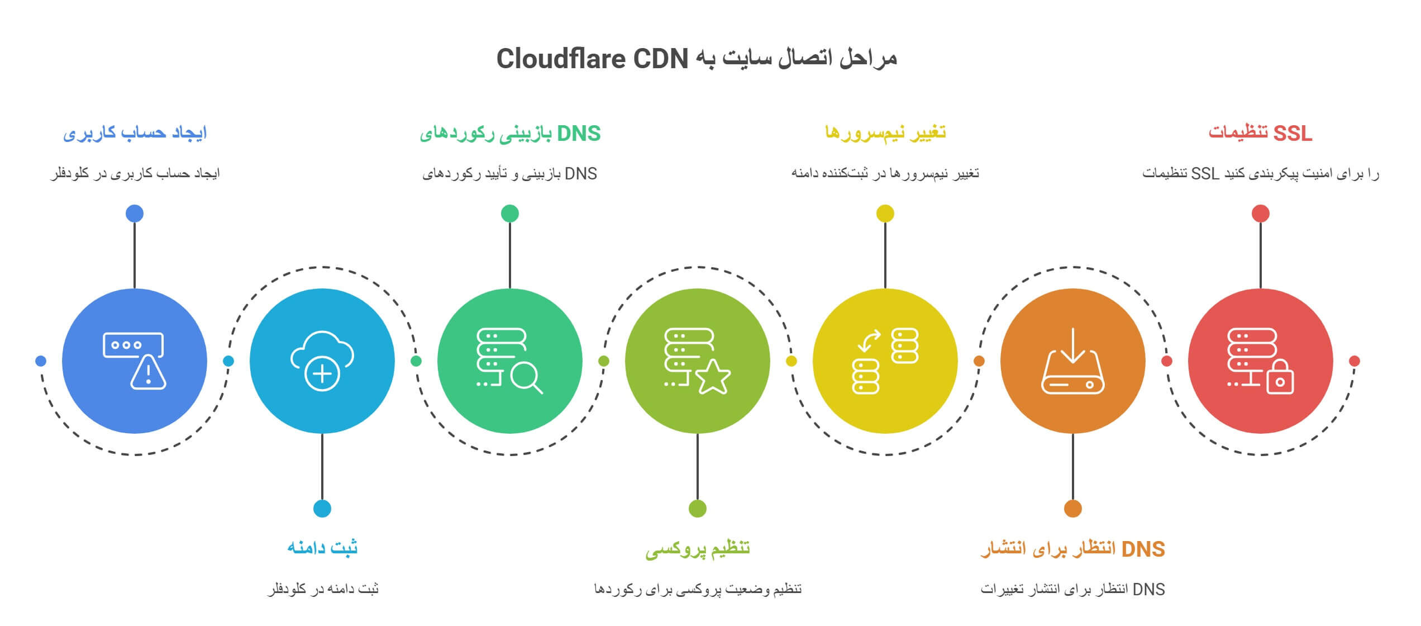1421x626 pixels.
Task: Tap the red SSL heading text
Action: point(1260,133)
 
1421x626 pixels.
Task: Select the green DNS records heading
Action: point(510,134)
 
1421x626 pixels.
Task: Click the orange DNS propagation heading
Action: point(1072,549)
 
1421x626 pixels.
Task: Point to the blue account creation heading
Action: point(135,132)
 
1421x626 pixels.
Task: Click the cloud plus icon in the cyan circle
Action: point(322,361)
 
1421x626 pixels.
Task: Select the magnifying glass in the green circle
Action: point(525,378)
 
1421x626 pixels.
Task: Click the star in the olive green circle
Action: point(713,377)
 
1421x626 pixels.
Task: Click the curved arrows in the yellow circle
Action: point(869,340)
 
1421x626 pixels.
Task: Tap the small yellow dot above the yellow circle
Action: point(885,214)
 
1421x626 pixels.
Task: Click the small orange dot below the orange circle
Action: point(1073,509)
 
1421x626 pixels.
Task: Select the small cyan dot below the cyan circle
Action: point(322,509)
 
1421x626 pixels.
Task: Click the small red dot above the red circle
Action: point(1261,214)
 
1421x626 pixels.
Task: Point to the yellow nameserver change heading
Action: point(885,133)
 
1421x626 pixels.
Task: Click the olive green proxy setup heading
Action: point(697,549)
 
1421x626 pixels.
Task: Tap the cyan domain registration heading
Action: point(322,548)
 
